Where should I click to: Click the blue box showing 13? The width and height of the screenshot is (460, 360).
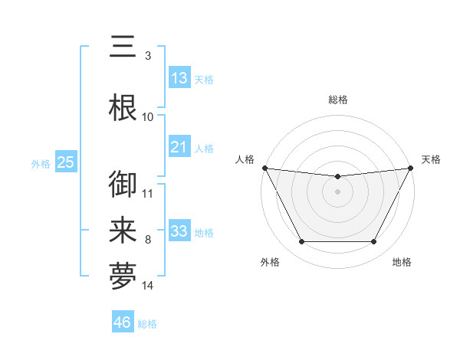[x=179, y=78]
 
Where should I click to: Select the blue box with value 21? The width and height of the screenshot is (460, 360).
[x=179, y=147]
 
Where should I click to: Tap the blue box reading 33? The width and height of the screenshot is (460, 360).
[x=179, y=231]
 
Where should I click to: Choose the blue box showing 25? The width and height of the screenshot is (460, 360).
[x=65, y=162]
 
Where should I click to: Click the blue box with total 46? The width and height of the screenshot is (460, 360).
[x=123, y=322]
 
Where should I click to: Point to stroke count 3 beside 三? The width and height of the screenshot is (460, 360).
[x=147, y=56]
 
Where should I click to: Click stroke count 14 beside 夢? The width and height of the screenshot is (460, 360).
[x=148, y=286]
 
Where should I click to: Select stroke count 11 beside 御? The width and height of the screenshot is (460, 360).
[x=148, y=193]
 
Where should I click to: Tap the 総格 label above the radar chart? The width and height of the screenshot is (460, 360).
[x=337, y=100]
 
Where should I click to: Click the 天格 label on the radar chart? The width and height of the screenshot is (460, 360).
[x=431, y=159]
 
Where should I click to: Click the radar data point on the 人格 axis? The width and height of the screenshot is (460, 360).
[x=264, y=168]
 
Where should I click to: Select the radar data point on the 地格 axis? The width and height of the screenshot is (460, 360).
[x=373, y=242]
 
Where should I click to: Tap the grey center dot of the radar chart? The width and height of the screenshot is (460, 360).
[x=337, y=191]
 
